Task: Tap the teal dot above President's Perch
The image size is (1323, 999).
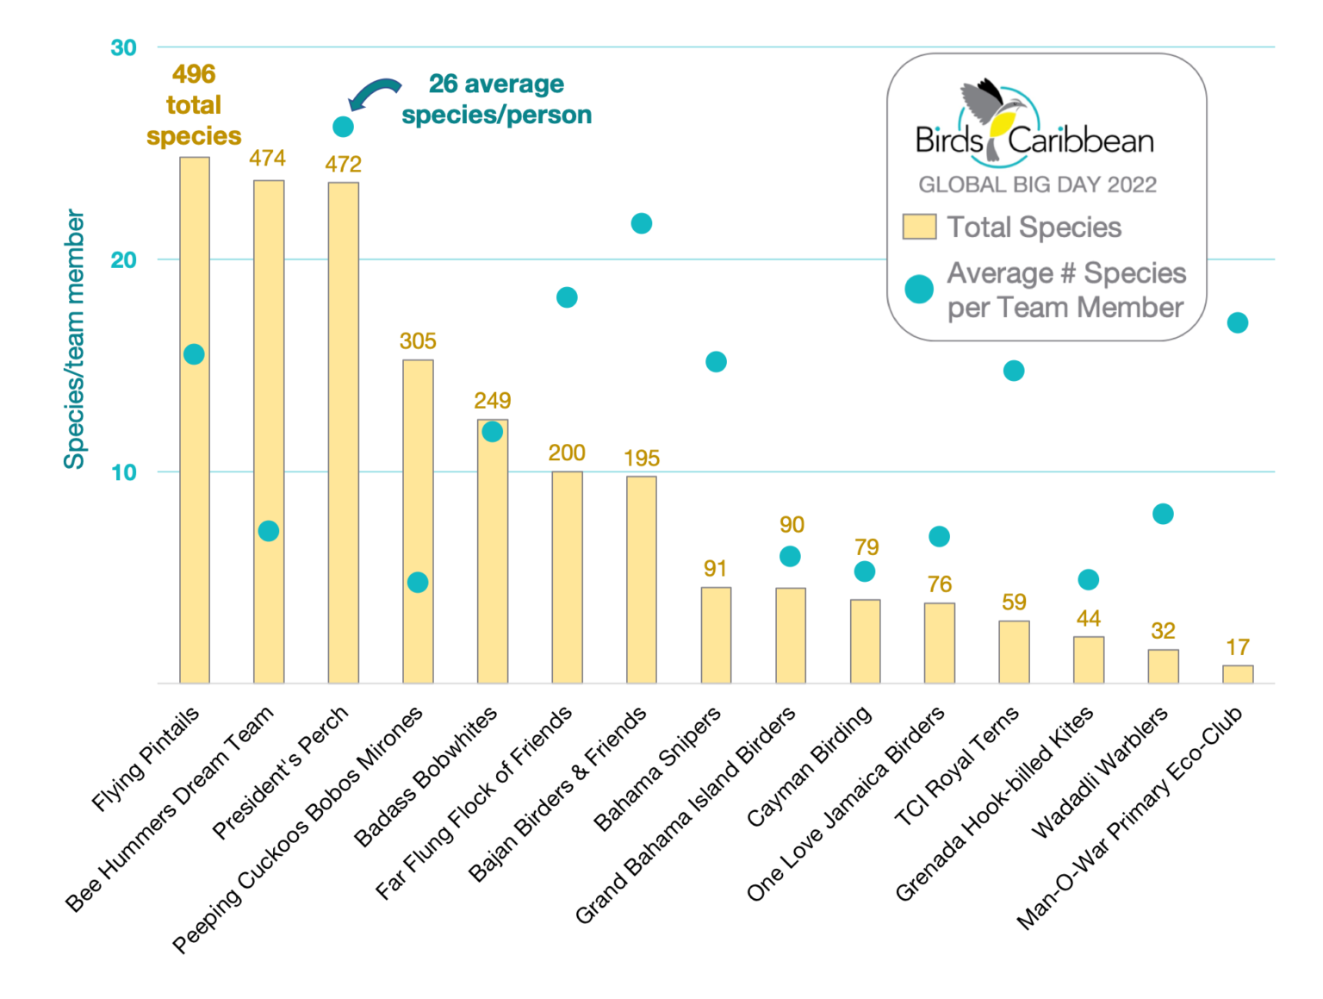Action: coord(343,127)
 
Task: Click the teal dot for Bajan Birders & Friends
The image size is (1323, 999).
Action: coord(641,224)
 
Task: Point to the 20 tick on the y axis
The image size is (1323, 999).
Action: coord(124,259)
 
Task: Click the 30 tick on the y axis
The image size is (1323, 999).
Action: coord(124,47)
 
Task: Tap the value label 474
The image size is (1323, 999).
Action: coord(267,159)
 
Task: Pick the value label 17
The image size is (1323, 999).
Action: coord(1238,647)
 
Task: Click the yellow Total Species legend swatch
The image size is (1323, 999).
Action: coord(919,227)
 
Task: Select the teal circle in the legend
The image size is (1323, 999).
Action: coord(919,290)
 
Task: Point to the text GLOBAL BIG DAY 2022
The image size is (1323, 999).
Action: coord(1037,184)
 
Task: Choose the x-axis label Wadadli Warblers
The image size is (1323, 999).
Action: coord(1100,771)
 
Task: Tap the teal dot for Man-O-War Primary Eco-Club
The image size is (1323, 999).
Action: coord(1238,323)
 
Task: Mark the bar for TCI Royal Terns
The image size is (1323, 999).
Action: coord(1014,652)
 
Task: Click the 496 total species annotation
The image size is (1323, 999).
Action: coord(194,105)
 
